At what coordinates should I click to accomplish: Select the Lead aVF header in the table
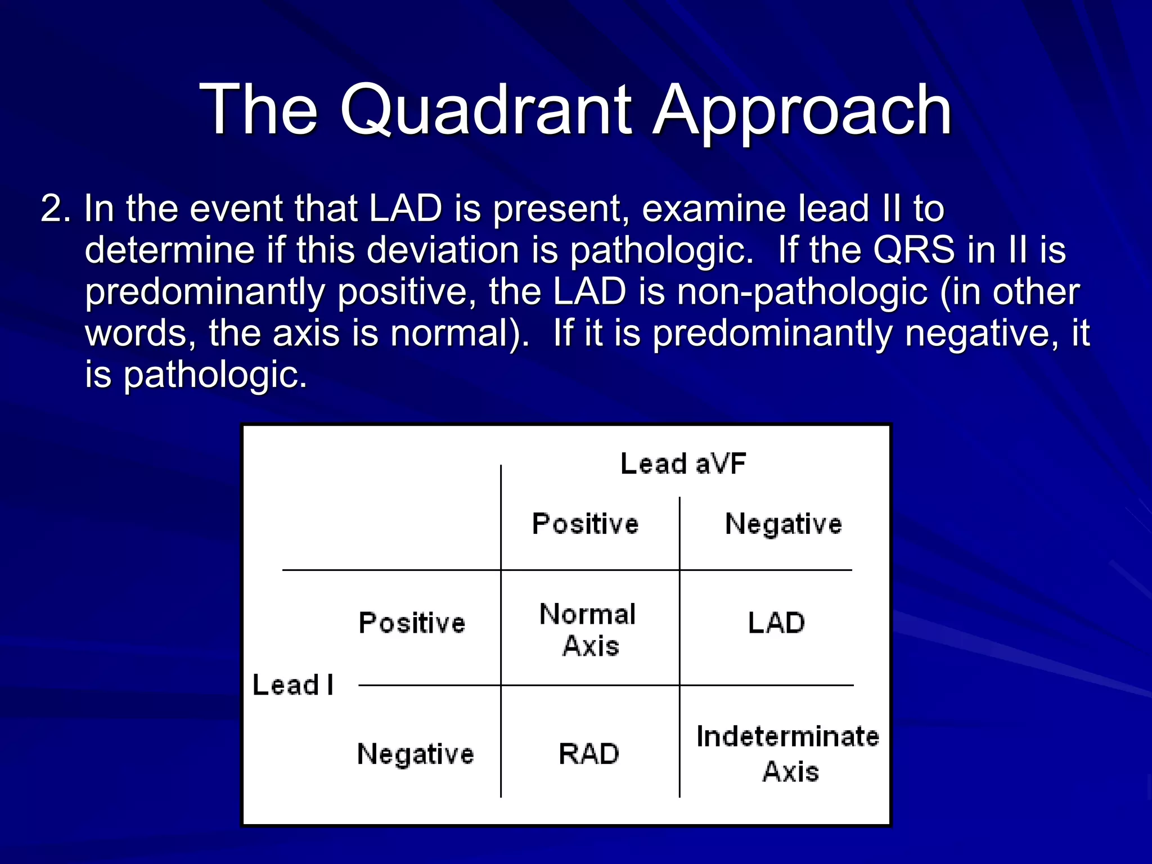tap(683, 464)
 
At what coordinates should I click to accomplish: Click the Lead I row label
tap(293, 685)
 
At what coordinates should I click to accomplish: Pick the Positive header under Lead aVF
tap(585, 524)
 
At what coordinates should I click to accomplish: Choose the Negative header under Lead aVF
tap(784, 524)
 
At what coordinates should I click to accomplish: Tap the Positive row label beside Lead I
tap(412, 623)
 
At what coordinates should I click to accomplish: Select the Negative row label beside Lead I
tap(415, 754)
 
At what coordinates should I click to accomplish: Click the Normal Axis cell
tap(588, 629)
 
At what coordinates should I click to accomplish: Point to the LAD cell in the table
tap(776, 623)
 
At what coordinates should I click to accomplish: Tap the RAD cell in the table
tap(588, 754)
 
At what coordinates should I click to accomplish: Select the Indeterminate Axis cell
tap(787, 753)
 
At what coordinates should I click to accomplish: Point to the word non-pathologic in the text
tap(802, 291)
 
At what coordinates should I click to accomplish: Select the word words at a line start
tap(140, 333)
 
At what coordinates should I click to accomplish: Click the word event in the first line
tap(237, 209)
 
